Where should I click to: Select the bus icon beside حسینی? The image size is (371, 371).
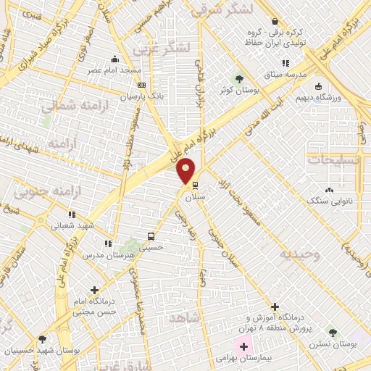click(151, 236)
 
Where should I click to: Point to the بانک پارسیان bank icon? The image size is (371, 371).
click(141, 85)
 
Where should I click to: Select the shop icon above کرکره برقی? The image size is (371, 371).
click(275, 21)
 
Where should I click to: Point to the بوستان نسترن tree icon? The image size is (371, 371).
click(333, 333)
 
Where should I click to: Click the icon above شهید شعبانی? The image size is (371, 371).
click(71, 214)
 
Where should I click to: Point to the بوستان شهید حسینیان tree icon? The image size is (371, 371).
click(43, 339)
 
